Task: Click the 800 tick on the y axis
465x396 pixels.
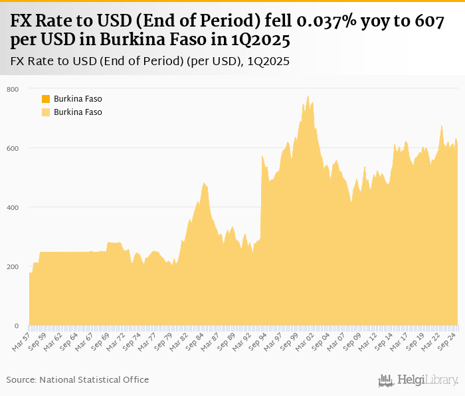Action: click(13, 89)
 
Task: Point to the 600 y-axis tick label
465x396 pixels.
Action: click(13, 148)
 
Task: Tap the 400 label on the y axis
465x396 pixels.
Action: click(13, 207)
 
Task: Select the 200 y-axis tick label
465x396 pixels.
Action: click(13, 266)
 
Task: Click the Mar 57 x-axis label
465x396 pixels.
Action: click(22, 342)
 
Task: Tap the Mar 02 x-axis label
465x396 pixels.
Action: click(304, 342)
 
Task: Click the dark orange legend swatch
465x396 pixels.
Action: click(46, 99)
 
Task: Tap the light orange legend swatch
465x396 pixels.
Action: click(46, 112)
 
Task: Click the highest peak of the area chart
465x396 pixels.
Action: click(308, 96)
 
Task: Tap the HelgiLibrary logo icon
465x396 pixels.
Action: click(385, 380)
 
